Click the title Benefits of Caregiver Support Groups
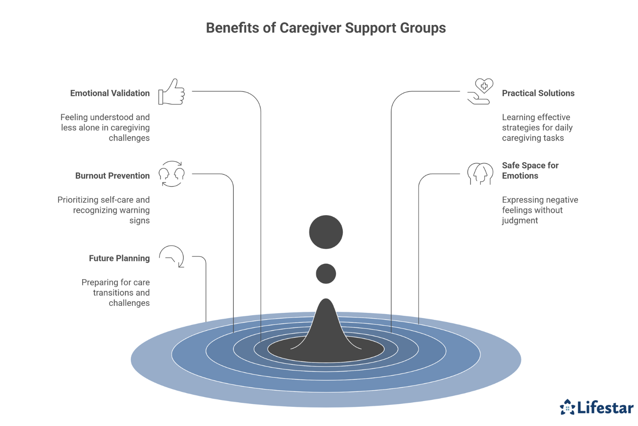coord(326,28)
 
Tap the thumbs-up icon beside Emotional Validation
coord(172,92)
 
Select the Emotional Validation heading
coord(110,93)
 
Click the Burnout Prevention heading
coord(112,176)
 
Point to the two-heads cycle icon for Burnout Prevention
coord(172,174)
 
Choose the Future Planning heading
coord(119,258)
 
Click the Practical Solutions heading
coord(538,93)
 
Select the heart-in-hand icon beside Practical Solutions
coord(480,91)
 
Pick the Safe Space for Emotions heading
coord(530,171)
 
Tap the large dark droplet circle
coord(326,232)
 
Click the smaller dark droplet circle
coord(326,274)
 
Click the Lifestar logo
coord(596,407)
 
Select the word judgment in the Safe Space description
coord(520,220)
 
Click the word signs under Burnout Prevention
coord(139,220)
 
